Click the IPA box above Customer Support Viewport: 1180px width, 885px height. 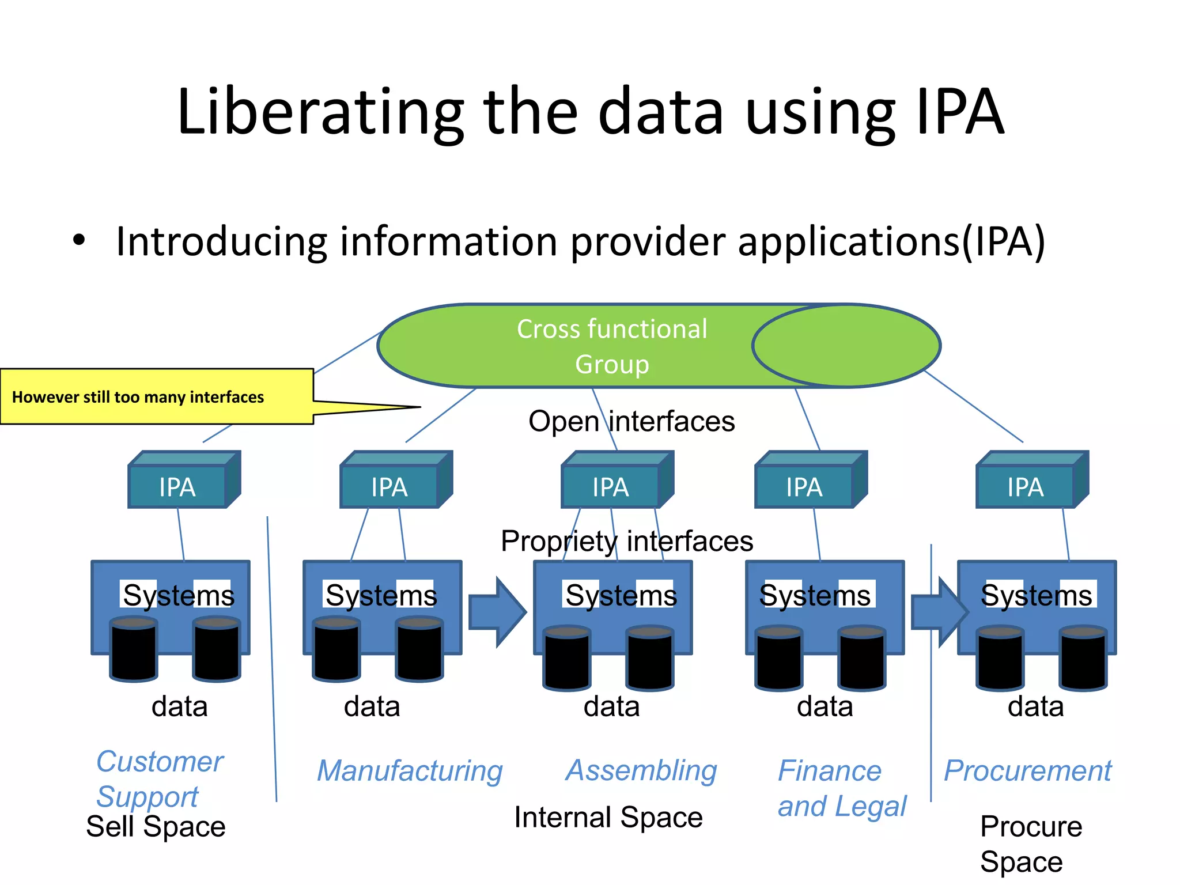[177, 487]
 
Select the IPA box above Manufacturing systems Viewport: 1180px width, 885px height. [389, 487]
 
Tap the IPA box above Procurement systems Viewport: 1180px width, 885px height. [1025, 487]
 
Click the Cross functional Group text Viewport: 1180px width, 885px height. [612, 346]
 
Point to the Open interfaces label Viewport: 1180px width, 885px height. [631, 421]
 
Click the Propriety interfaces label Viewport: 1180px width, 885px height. [627, 541]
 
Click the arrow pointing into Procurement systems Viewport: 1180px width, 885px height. [938, 612]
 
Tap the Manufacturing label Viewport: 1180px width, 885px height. [410, 771]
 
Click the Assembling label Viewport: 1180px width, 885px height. [641, 770]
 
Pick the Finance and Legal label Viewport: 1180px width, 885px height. [841, 788]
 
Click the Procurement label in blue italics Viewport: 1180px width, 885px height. [1027, 771]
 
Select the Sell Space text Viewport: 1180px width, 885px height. [156, 827]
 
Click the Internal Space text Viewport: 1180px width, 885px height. [608, 818]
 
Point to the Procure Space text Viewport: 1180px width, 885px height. [1030, 844]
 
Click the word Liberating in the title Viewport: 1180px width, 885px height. [320, 112]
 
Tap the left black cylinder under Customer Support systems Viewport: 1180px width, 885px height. [134, 649]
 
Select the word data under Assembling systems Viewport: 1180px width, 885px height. [611, 706]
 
